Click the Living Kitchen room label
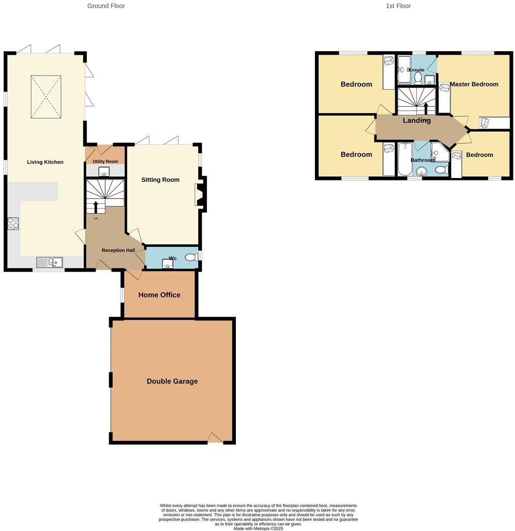45,162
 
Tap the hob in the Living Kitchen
13,223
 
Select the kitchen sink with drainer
49,261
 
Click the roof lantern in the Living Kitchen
46,97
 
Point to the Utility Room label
105,161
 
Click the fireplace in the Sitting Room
200,195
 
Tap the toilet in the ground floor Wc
191,257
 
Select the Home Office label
159,295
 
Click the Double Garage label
172,381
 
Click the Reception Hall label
118,250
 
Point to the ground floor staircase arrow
96,207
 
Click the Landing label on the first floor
416,120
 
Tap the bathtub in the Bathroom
405,158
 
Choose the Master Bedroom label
474,84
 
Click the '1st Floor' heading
398,6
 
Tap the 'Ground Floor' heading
106,6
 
